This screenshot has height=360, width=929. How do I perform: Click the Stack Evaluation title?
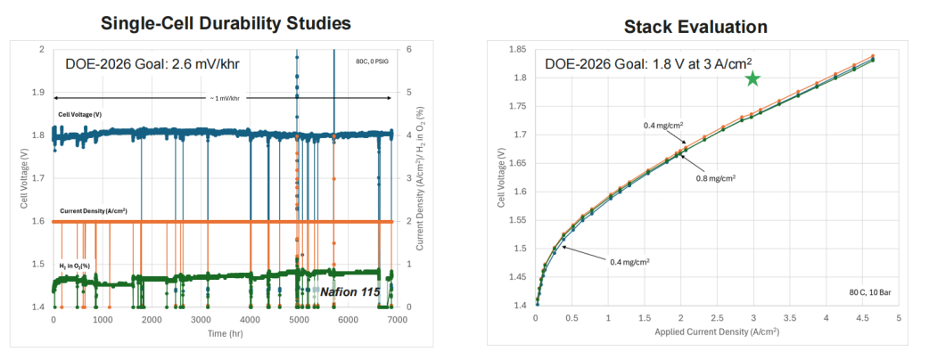696,27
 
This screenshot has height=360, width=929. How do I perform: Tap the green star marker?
752,78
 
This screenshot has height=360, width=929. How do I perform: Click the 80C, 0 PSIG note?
370,62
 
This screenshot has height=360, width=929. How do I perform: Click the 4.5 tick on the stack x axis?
862,317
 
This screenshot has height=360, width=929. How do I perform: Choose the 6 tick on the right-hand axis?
407,50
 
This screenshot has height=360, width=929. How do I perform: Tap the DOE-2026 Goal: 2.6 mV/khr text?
151,63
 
